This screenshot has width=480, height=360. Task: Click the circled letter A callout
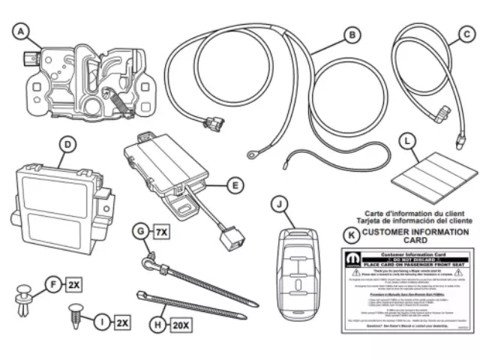[x=22, y=31]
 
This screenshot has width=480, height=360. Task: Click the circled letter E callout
[x=234, y=183]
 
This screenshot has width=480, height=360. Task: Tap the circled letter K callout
[x=349, y=235]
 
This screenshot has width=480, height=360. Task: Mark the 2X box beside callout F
[x=73, y=285]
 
